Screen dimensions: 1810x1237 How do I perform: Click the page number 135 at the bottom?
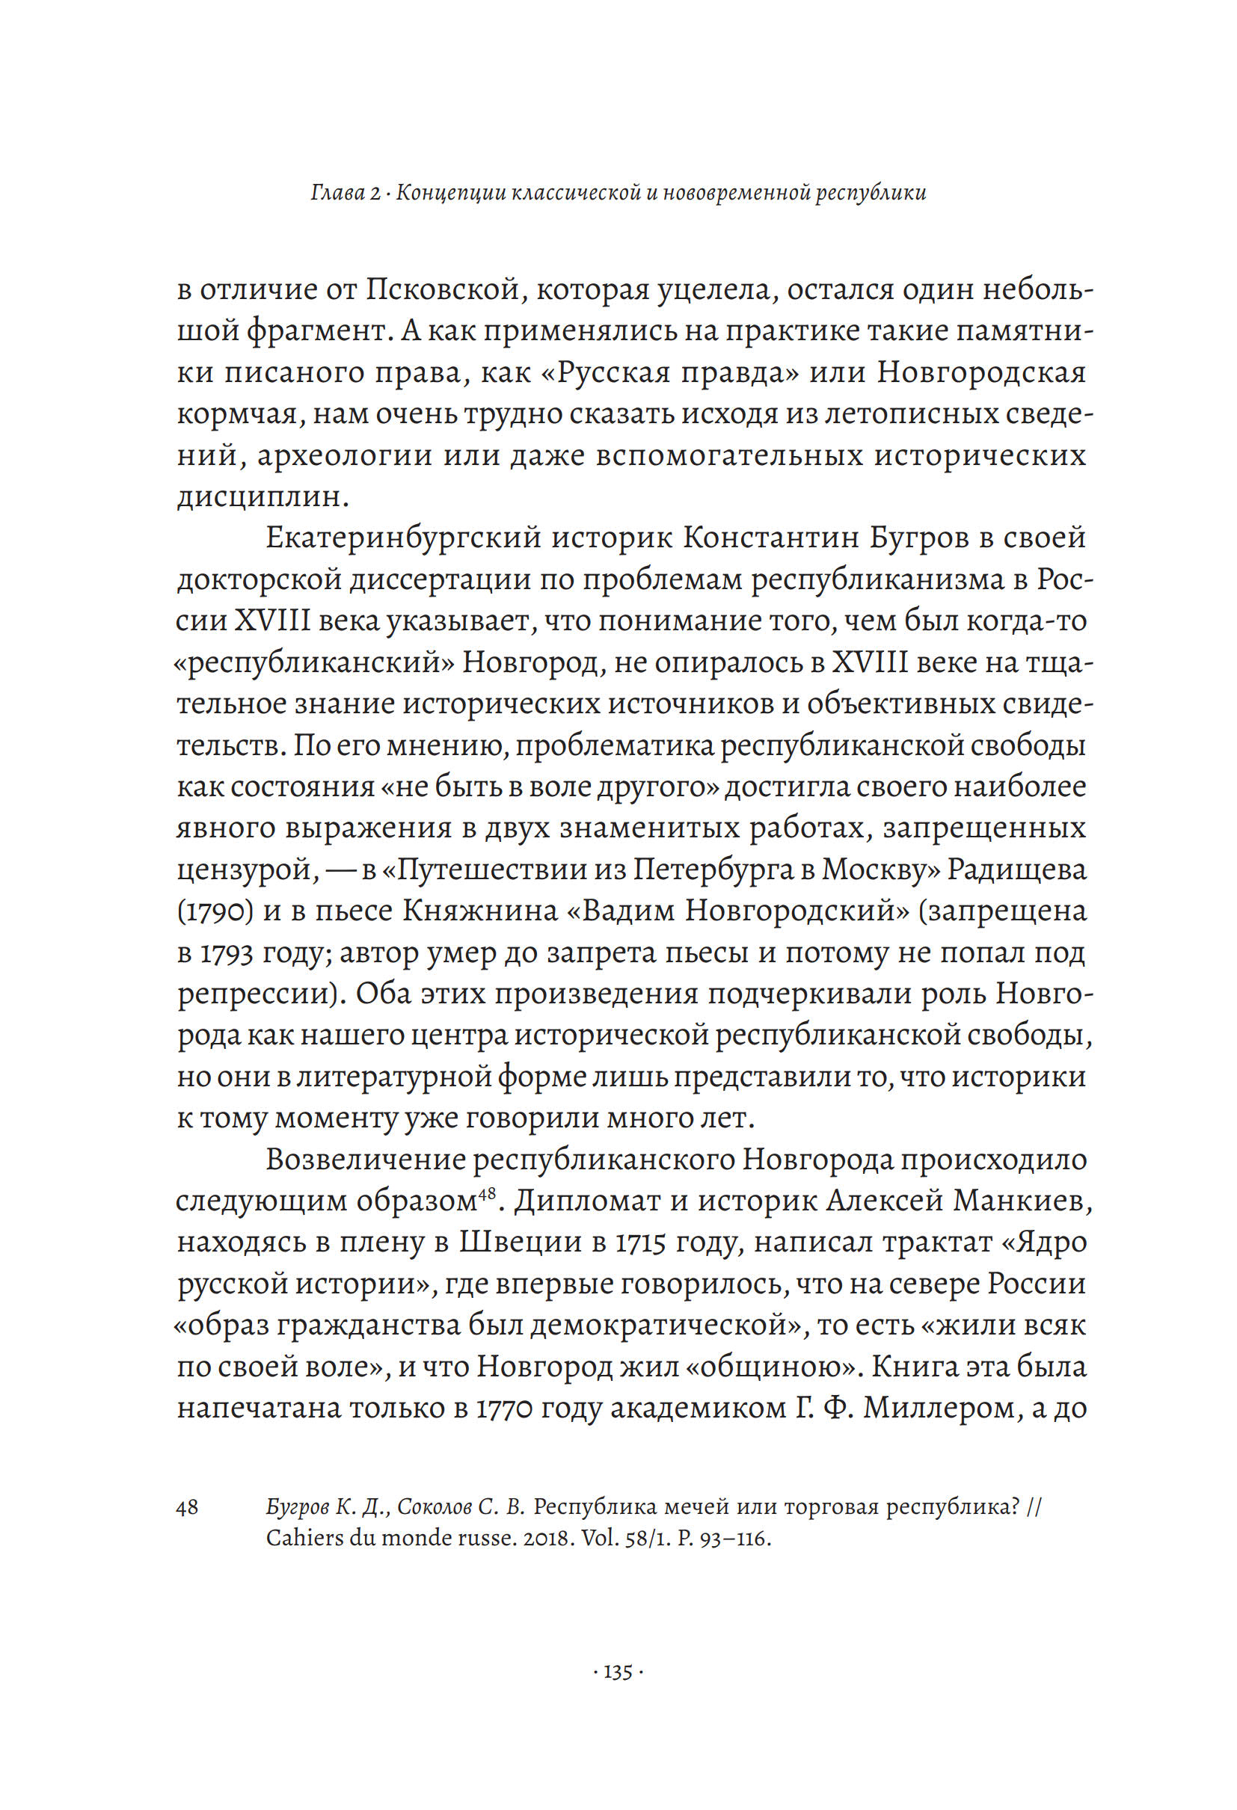pyautogui.click(x=618, y=1672)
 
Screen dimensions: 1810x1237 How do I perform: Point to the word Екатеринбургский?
pyautogui.click(x=404, y=538)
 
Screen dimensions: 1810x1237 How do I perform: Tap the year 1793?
pyautogui.click(x=227, y=952)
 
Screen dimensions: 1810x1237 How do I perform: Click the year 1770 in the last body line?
pyautogui.click(x=503, y=1408)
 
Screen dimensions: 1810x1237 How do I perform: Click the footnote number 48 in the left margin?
pyautogui.click(x=188, y=1507)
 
